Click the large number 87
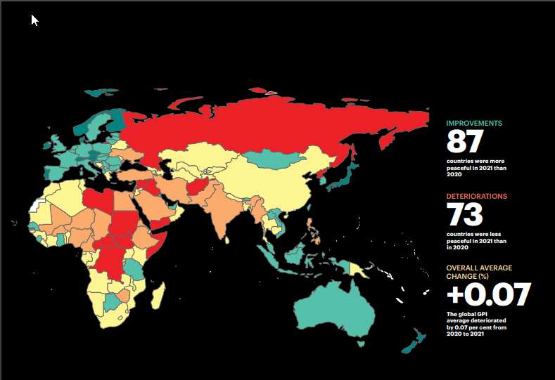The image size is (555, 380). (x=465, y=143)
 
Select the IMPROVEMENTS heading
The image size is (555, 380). (x=474, y=124)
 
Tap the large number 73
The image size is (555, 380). (x=465, y=216)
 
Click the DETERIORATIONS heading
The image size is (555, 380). (x=477, y=197)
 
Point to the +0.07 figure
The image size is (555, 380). (x=487, y=295)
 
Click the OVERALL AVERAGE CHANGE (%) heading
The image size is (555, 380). (x=479, y=271)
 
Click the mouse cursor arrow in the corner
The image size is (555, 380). (x=34, y=20)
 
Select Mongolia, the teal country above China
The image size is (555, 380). (x=270, y=161)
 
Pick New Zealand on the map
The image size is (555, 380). (x=412, y=341)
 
